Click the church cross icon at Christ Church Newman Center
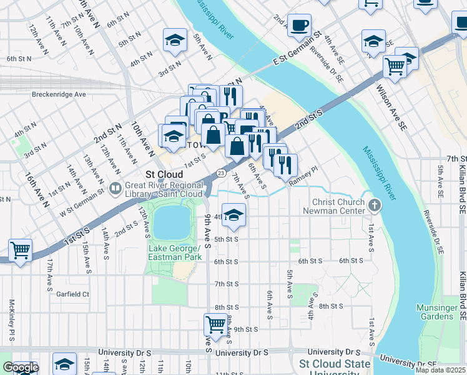coord(374,204)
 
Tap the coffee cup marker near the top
coord(300,25)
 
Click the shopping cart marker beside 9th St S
coord(215,324)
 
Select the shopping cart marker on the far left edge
coord(20,251)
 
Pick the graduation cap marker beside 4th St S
coord(234,216)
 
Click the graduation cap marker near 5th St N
coord(175,40)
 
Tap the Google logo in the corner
coord(21,368)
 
